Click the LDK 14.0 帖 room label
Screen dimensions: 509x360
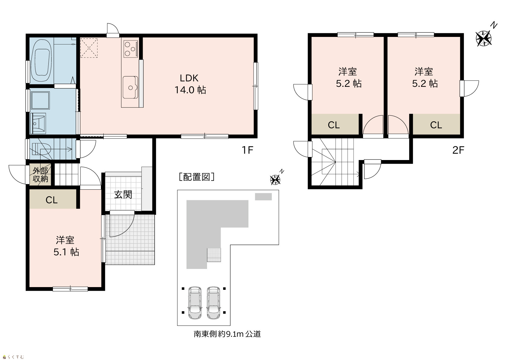click(190, 84)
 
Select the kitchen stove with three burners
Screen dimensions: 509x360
click(131, 49)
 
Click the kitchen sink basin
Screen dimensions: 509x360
click(131, 87)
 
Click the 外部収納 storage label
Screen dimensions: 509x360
click(41, 175)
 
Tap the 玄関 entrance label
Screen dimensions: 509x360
click(123, 195)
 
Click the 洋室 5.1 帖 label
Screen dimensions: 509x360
click(66, 246)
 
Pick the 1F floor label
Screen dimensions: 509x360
click(247, 150)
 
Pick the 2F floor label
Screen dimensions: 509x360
click(458, 150)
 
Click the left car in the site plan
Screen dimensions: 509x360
click(195, 303)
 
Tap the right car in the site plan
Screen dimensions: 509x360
click(214, 303)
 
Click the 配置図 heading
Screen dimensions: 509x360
click(196, 177)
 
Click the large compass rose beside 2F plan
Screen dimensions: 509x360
click(484, 38)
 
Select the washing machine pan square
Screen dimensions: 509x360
click(40, 100)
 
